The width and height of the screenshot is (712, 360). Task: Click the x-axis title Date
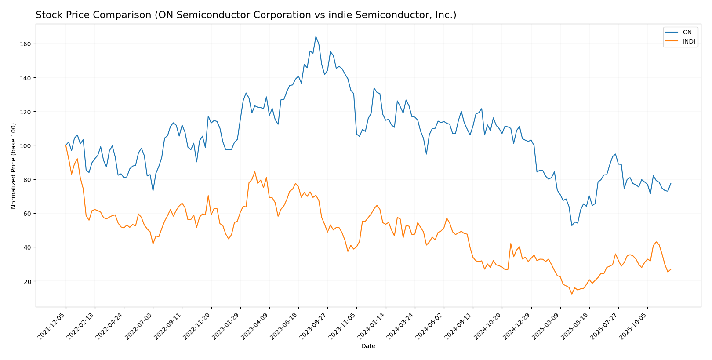(x=368, y=346)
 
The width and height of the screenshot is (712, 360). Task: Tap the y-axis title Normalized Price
(x=14, y=166)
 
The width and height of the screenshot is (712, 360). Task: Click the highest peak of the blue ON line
(x=316, y=36)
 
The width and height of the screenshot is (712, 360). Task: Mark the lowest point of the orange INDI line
(x=572, y=294)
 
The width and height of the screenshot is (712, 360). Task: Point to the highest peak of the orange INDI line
(x=66, y=145)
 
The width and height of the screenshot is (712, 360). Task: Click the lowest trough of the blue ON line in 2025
(x=572, y=225)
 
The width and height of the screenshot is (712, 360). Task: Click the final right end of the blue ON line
(x=671, y=184)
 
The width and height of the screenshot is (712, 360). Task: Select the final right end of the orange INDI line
(x=671, y=269)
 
